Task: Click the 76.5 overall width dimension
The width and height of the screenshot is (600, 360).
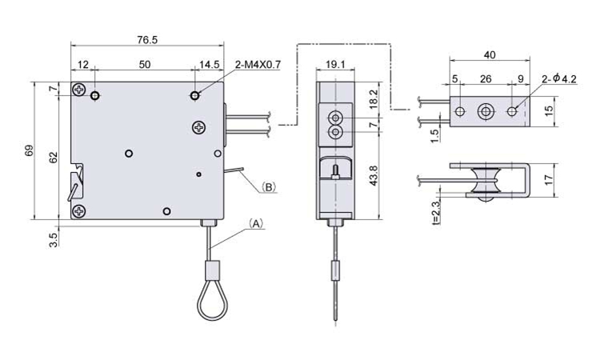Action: [x=147, y=40]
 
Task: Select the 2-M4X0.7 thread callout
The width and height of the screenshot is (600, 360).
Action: [x=258, y=65]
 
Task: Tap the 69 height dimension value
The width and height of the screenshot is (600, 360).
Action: [x=30, y=150]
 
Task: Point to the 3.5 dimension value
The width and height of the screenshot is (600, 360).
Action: [x=54, y=240]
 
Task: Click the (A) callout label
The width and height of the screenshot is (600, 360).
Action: [x=256, y=223]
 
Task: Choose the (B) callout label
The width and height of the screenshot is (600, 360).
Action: [x=269, y=187]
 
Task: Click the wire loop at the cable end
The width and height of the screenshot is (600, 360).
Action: [x=212, y=301]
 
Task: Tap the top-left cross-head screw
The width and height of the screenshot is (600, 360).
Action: [x=79, y=90]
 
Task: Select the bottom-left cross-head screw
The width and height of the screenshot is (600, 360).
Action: [x=79, y=210]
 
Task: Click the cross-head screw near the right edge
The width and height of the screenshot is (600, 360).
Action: [x=199, y=127]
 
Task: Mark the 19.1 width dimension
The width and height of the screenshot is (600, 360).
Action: [x=335, y=64]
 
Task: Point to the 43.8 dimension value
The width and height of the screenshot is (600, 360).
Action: [x=374, y=175]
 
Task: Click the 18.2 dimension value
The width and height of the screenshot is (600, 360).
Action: [x=374, y=99]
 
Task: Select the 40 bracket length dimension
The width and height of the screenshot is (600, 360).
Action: [x=490, y=55]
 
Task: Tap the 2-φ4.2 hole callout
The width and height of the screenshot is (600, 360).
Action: [x=559, y=79]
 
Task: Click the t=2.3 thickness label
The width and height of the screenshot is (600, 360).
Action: [x=436, y=212]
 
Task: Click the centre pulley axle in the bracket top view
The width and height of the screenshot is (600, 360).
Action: [x=486, y=111]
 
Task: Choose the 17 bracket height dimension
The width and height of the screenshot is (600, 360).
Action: [x=549, y=180]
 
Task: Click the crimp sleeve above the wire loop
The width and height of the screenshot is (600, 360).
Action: [x=212, y=270]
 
